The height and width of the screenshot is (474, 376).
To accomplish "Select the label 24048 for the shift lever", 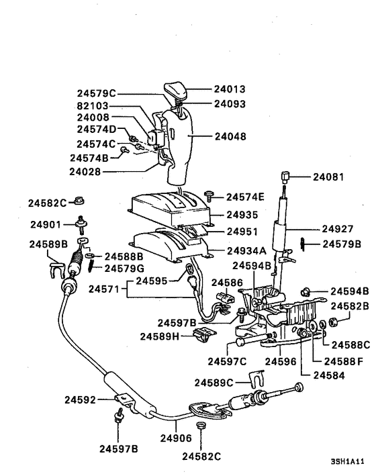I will point(230,136).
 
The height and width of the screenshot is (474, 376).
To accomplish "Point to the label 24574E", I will point(245,197).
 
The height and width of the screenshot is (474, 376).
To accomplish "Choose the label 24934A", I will point(246,251).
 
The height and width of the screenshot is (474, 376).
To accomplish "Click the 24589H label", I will point(160,335).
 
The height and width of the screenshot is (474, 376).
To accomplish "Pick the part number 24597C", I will point(226,361).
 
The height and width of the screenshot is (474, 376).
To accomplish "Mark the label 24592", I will point(81,399).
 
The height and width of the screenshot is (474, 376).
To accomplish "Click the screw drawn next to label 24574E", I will point(210,195).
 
